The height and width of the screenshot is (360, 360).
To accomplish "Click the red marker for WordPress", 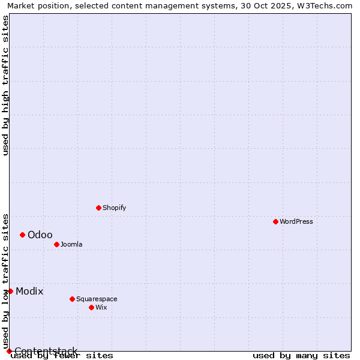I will (275, 221).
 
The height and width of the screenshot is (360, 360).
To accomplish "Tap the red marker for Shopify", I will (98, 208).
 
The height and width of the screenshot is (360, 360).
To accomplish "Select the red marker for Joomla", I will (56, 244).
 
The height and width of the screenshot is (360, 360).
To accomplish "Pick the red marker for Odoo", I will (22, 235).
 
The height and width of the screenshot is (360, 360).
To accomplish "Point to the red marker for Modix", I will (10, 291).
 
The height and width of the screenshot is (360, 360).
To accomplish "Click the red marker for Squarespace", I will (72, 299).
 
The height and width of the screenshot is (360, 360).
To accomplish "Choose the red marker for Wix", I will (91, 307).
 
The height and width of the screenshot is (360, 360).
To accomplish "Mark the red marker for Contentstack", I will (9, 351).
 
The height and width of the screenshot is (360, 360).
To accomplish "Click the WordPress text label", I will (296, 221).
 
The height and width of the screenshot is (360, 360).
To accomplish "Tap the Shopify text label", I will (114, 208).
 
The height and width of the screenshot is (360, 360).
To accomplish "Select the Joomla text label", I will (71, 244).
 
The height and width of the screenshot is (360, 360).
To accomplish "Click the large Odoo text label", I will (40, 235).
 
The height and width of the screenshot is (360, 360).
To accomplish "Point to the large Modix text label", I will (29, 291).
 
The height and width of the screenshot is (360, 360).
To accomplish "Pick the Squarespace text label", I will (97, 299).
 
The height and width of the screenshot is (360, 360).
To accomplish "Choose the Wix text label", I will (101, 307).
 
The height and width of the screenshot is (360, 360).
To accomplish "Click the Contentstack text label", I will (46, 351).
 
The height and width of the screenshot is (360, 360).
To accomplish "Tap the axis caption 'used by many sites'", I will (301, 355).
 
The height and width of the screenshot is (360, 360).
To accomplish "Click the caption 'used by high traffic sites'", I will (5, 85).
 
